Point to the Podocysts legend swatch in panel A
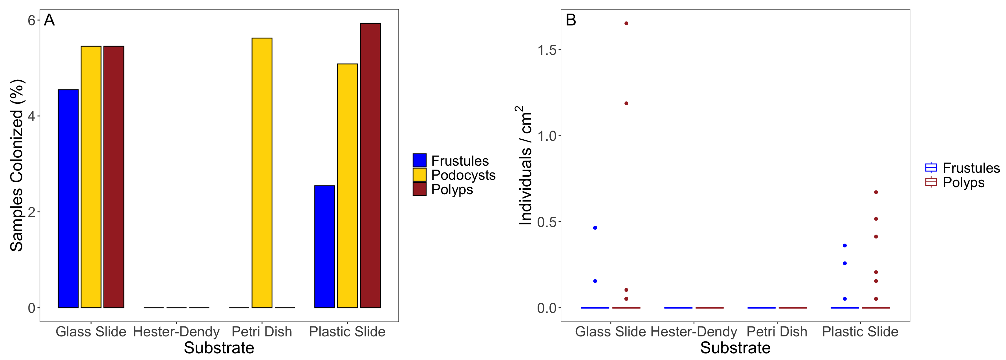pos(419,175)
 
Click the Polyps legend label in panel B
pos(963,182)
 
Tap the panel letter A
pos(49,20)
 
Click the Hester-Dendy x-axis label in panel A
pos(176,332)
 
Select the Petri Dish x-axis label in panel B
pos(777,332)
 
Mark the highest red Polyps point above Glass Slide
pos(626,23)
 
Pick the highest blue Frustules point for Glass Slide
pos(595,228)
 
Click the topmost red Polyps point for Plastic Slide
pos(876,192)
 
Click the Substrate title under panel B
pos(735,348)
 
